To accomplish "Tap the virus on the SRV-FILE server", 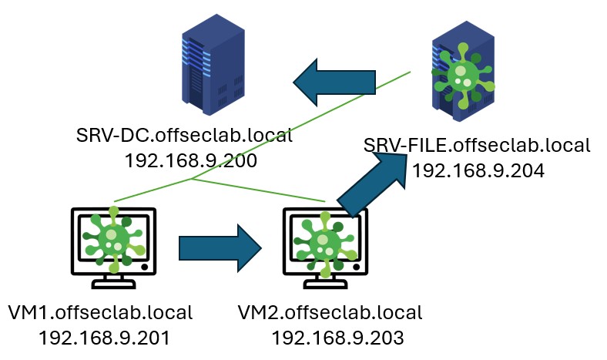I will [461, 73].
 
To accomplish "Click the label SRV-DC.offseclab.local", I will [184, 137].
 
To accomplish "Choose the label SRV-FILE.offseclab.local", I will [477, 145].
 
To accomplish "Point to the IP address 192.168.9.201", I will [104, 337].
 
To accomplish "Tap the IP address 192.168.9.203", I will [337, 337].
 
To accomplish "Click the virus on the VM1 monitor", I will [113, 236].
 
